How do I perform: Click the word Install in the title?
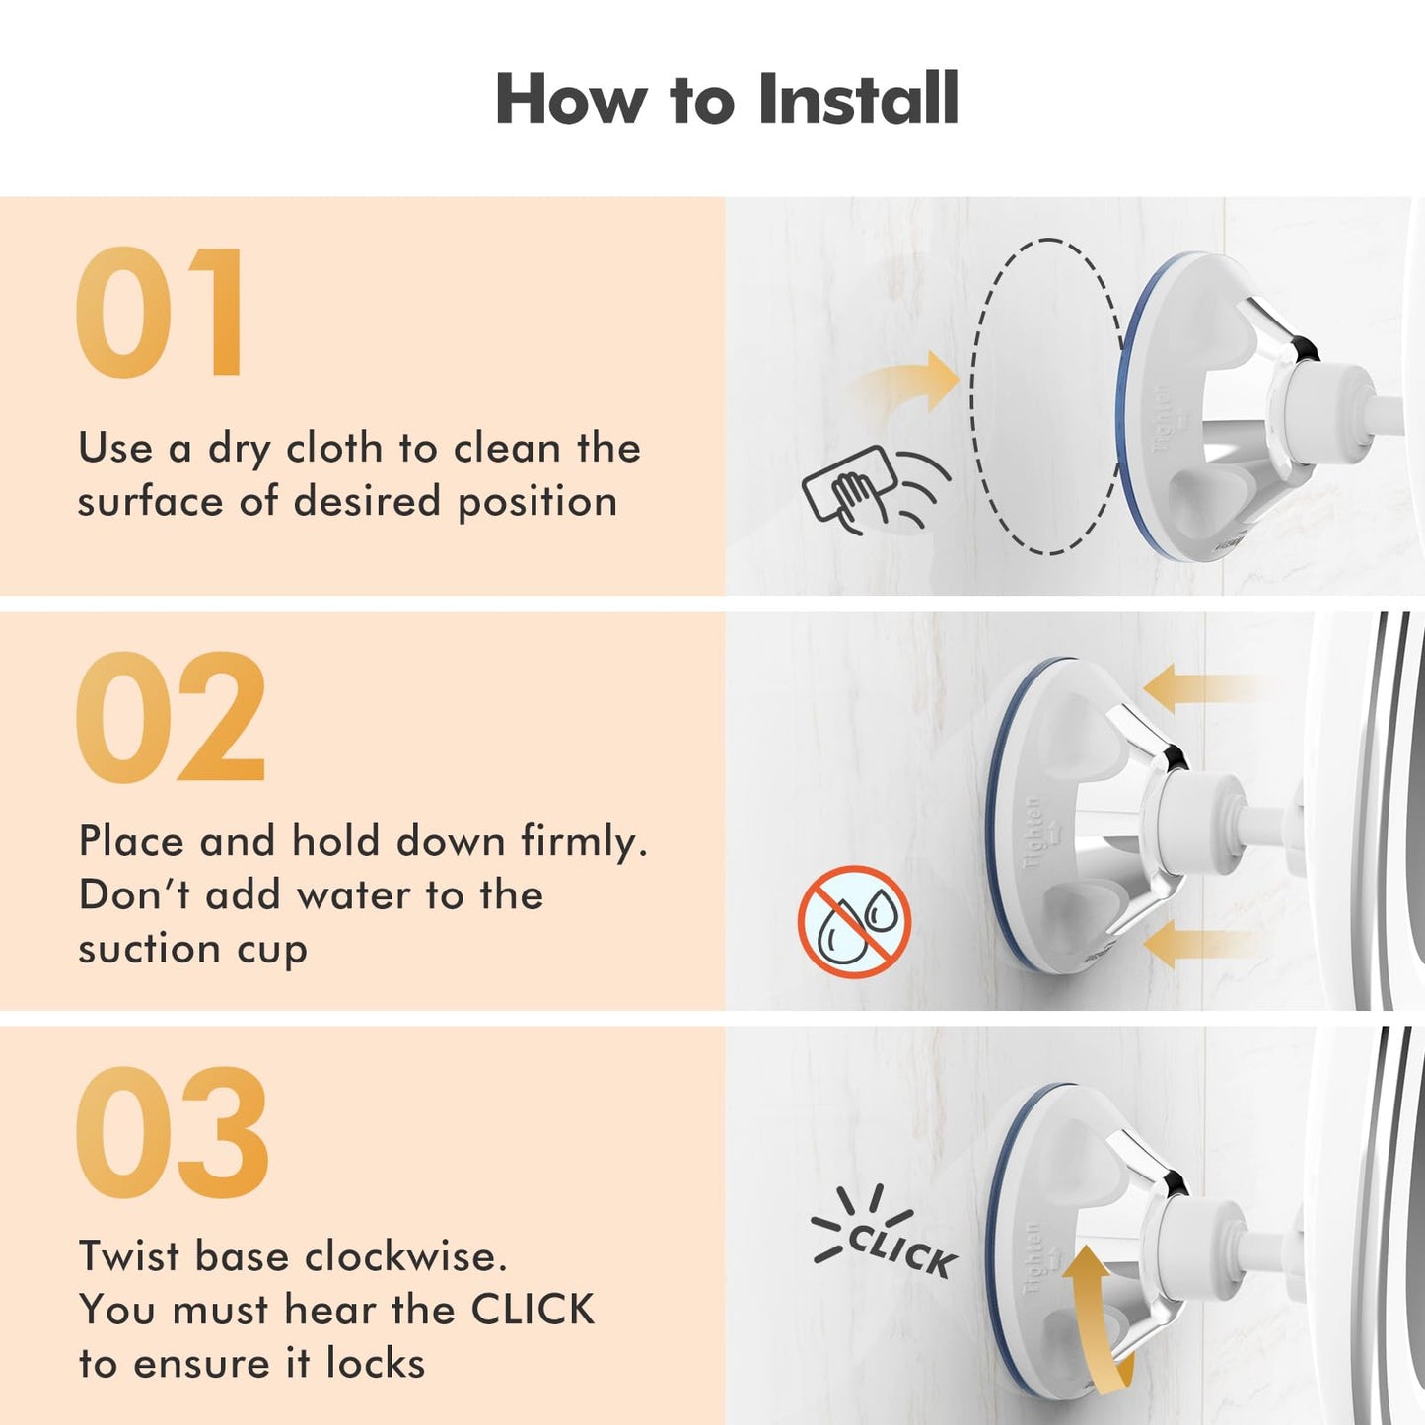[858, 99]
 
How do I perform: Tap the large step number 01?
[161, 312]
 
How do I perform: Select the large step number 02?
[171, 717]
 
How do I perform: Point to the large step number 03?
[173, 1132]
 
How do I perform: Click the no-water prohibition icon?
[854, 922]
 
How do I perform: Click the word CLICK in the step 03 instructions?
[533, 1310]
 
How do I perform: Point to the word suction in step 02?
[150, 951]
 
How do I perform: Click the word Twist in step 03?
[128, 1255]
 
